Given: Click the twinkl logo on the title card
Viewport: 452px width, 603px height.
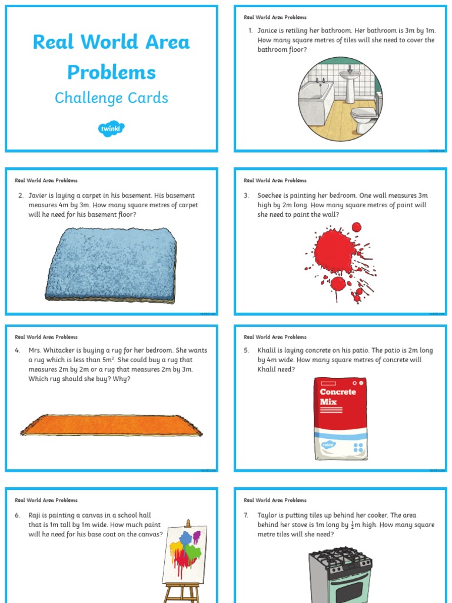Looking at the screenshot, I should point(111,129).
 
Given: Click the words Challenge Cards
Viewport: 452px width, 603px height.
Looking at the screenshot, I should point(111,98).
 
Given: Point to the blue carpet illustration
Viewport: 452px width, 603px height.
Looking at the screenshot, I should point(111,266).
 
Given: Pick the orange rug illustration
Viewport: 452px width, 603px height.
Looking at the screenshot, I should point(111,425).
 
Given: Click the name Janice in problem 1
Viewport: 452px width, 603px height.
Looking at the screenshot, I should point(268,31).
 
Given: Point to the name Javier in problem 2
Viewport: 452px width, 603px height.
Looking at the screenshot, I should point(38,196).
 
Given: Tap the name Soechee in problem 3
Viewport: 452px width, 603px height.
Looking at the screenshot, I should point(271,196).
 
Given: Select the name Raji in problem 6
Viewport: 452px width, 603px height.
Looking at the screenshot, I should point(36,515).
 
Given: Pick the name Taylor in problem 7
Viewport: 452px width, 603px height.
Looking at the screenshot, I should point(268,515).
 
